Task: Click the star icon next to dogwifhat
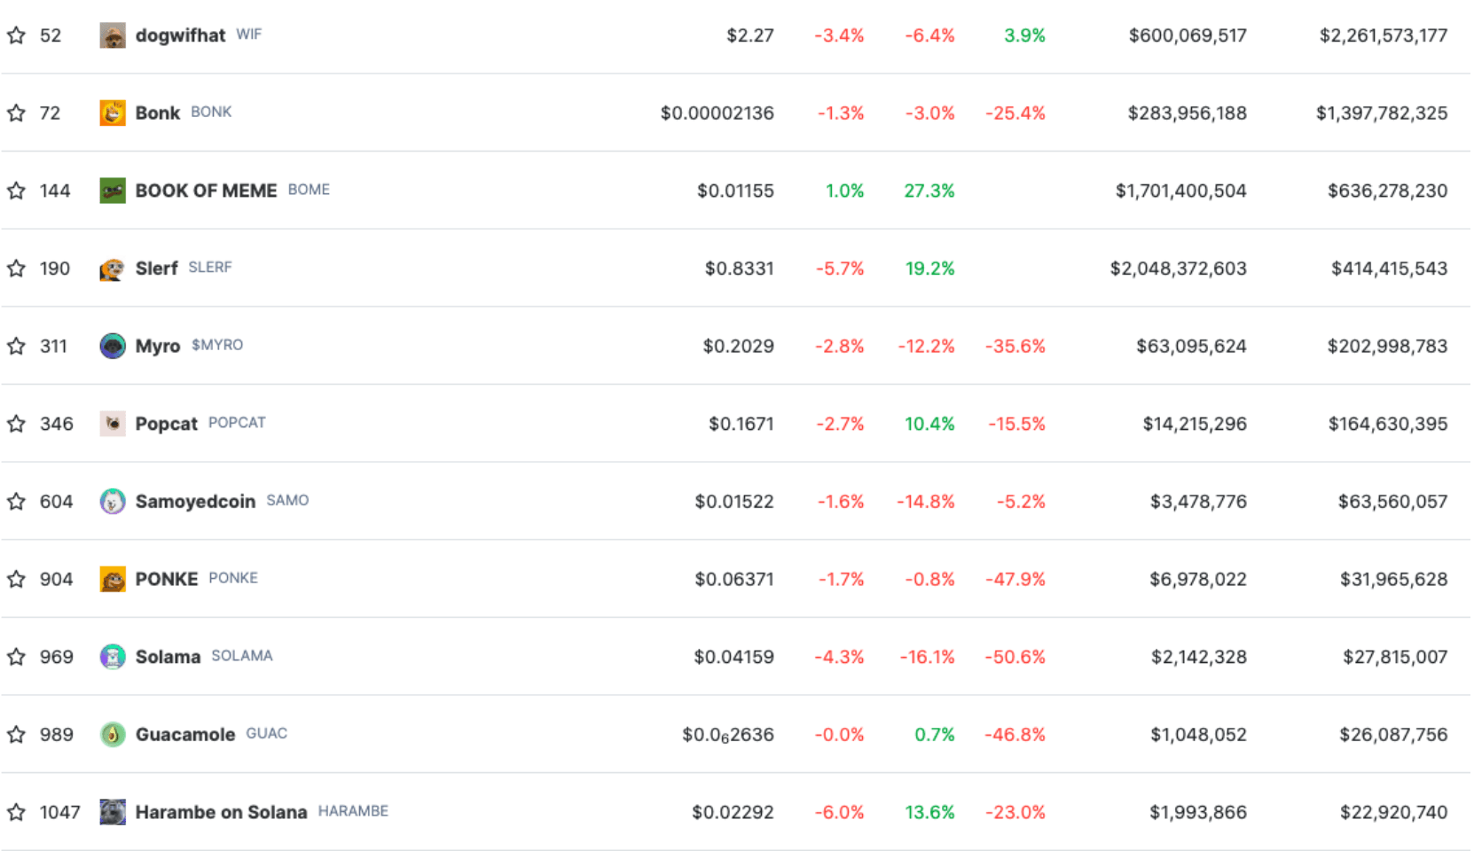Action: [16, 35]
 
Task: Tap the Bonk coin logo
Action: [113, 113]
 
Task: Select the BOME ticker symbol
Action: [309, 190]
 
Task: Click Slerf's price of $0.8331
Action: [739, 269]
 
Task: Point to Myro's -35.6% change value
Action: [1015, 346]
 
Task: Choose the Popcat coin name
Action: [166, 424]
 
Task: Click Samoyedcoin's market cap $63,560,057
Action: [1392, 502]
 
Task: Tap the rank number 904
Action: [56, 579]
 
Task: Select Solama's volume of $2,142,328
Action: [1198, 657]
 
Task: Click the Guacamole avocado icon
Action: [113, 734]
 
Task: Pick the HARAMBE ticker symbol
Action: [353, 811]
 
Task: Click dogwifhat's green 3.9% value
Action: [1024, 35]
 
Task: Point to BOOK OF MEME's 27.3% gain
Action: [929, 191]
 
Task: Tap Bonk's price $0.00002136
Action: [717, 113]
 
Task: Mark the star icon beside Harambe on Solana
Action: [16, 812]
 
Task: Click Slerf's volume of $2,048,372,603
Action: [1178, 269]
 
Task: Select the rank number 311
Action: [53, 346]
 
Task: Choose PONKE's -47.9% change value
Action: [1015, 579]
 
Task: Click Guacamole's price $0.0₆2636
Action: [727, 735]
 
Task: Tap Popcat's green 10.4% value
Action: [929, 424]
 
